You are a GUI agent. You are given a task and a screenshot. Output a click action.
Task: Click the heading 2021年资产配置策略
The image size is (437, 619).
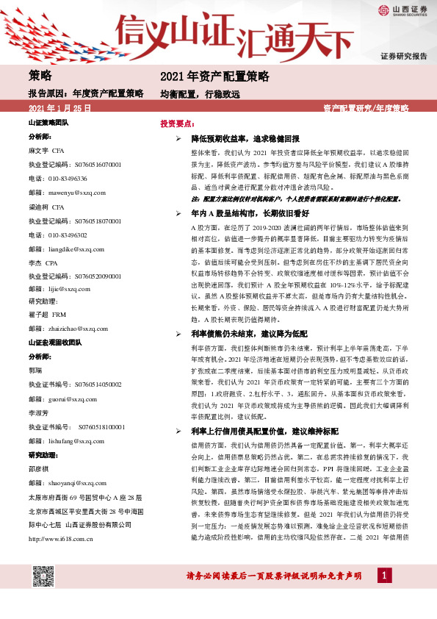click(x=214, y=76)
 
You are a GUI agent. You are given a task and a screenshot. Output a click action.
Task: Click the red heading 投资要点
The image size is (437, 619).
click(x=177, y=124)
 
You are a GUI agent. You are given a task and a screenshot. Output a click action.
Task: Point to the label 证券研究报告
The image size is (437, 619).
click(x=404, y=56)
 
